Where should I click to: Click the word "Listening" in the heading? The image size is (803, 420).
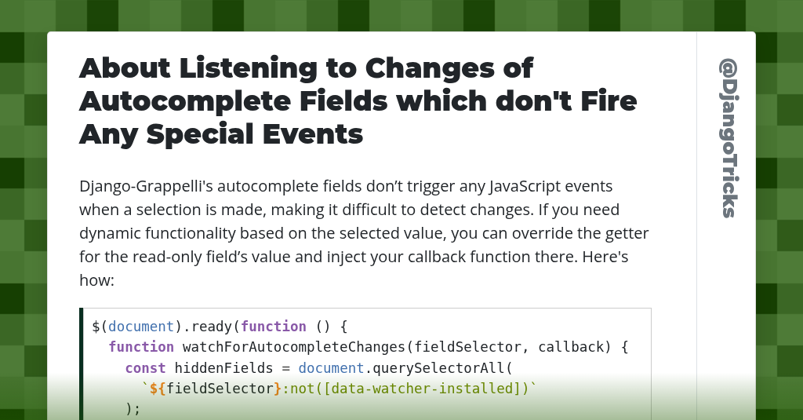[248, 69]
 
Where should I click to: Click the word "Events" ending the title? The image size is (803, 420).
[313, 134]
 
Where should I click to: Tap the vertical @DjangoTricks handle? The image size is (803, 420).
[729, 138]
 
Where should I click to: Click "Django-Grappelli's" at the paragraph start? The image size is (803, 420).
[146, 186]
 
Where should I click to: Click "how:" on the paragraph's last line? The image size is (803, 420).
[96, 280]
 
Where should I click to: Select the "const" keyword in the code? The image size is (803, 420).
[145, 368]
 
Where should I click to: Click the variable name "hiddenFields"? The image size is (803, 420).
[223, 368]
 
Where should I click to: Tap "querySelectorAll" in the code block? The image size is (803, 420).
[438, 368]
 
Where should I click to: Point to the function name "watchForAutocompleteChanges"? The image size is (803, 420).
[294, 347]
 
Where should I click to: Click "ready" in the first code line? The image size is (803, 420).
[212, 327]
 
